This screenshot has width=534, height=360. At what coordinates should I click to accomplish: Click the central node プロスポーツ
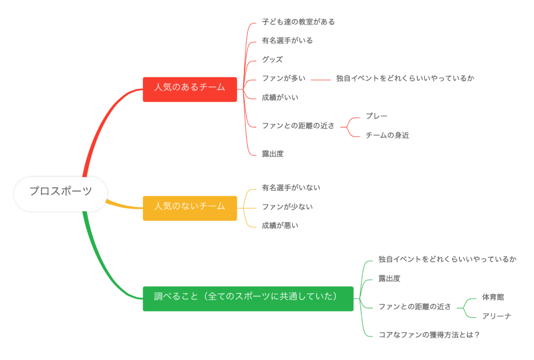[60, 191]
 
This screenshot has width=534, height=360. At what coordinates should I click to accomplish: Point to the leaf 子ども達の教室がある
[298, 22]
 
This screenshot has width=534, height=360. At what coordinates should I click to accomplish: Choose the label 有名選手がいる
[287, 41]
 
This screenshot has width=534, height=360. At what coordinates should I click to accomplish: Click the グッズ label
[272, 59]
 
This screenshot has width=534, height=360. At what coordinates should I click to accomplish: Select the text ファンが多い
[284, 79]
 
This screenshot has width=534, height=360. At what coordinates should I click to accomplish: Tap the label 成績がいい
[280, 98]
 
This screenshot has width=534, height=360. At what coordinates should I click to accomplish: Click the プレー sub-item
[377, 116]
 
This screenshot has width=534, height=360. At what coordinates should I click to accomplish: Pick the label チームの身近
[387, 136]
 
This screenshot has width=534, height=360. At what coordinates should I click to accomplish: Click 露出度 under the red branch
[273, 154]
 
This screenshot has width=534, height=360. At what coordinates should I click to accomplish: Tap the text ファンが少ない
[287, 207]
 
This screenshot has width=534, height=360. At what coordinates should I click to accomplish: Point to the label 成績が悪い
[280, 226]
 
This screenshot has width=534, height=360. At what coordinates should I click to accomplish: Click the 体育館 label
[493, 297]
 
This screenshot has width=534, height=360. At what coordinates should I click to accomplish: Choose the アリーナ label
[496, 316]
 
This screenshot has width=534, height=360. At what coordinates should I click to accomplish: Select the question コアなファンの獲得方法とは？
[429, 335]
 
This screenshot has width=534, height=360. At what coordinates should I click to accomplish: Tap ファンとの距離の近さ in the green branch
[415, 307]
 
